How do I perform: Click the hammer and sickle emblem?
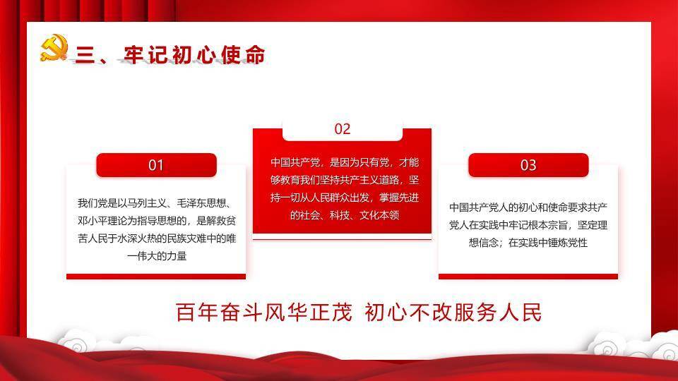point(54,48)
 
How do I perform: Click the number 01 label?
point(156,165)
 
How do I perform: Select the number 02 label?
point(342,128)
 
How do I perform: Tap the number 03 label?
point(528,165)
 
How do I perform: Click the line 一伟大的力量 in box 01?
point(156,256)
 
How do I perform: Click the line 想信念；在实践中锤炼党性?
point(528,242)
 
